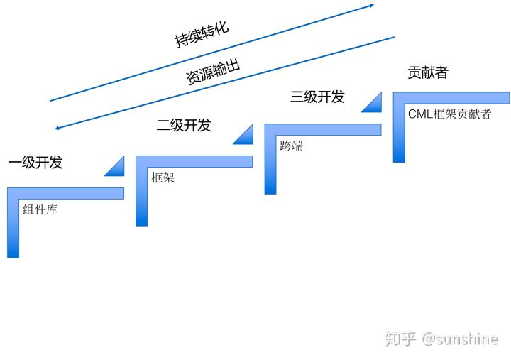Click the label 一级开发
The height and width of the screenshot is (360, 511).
35,163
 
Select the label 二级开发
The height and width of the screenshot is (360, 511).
184,126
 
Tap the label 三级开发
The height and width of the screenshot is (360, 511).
317,97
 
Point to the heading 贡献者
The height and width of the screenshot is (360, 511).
427,72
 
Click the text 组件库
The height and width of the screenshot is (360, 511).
40,209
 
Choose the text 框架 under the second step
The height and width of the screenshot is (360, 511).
163,178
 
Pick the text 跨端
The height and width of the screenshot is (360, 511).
291,146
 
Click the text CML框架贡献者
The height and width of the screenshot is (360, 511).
449,114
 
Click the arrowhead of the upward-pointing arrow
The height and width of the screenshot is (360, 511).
370,6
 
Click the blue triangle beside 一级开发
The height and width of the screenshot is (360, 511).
115,167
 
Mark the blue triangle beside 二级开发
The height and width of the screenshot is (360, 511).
243,134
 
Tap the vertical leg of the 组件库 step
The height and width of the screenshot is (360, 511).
13,227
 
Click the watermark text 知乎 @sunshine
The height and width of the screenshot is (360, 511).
441,339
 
